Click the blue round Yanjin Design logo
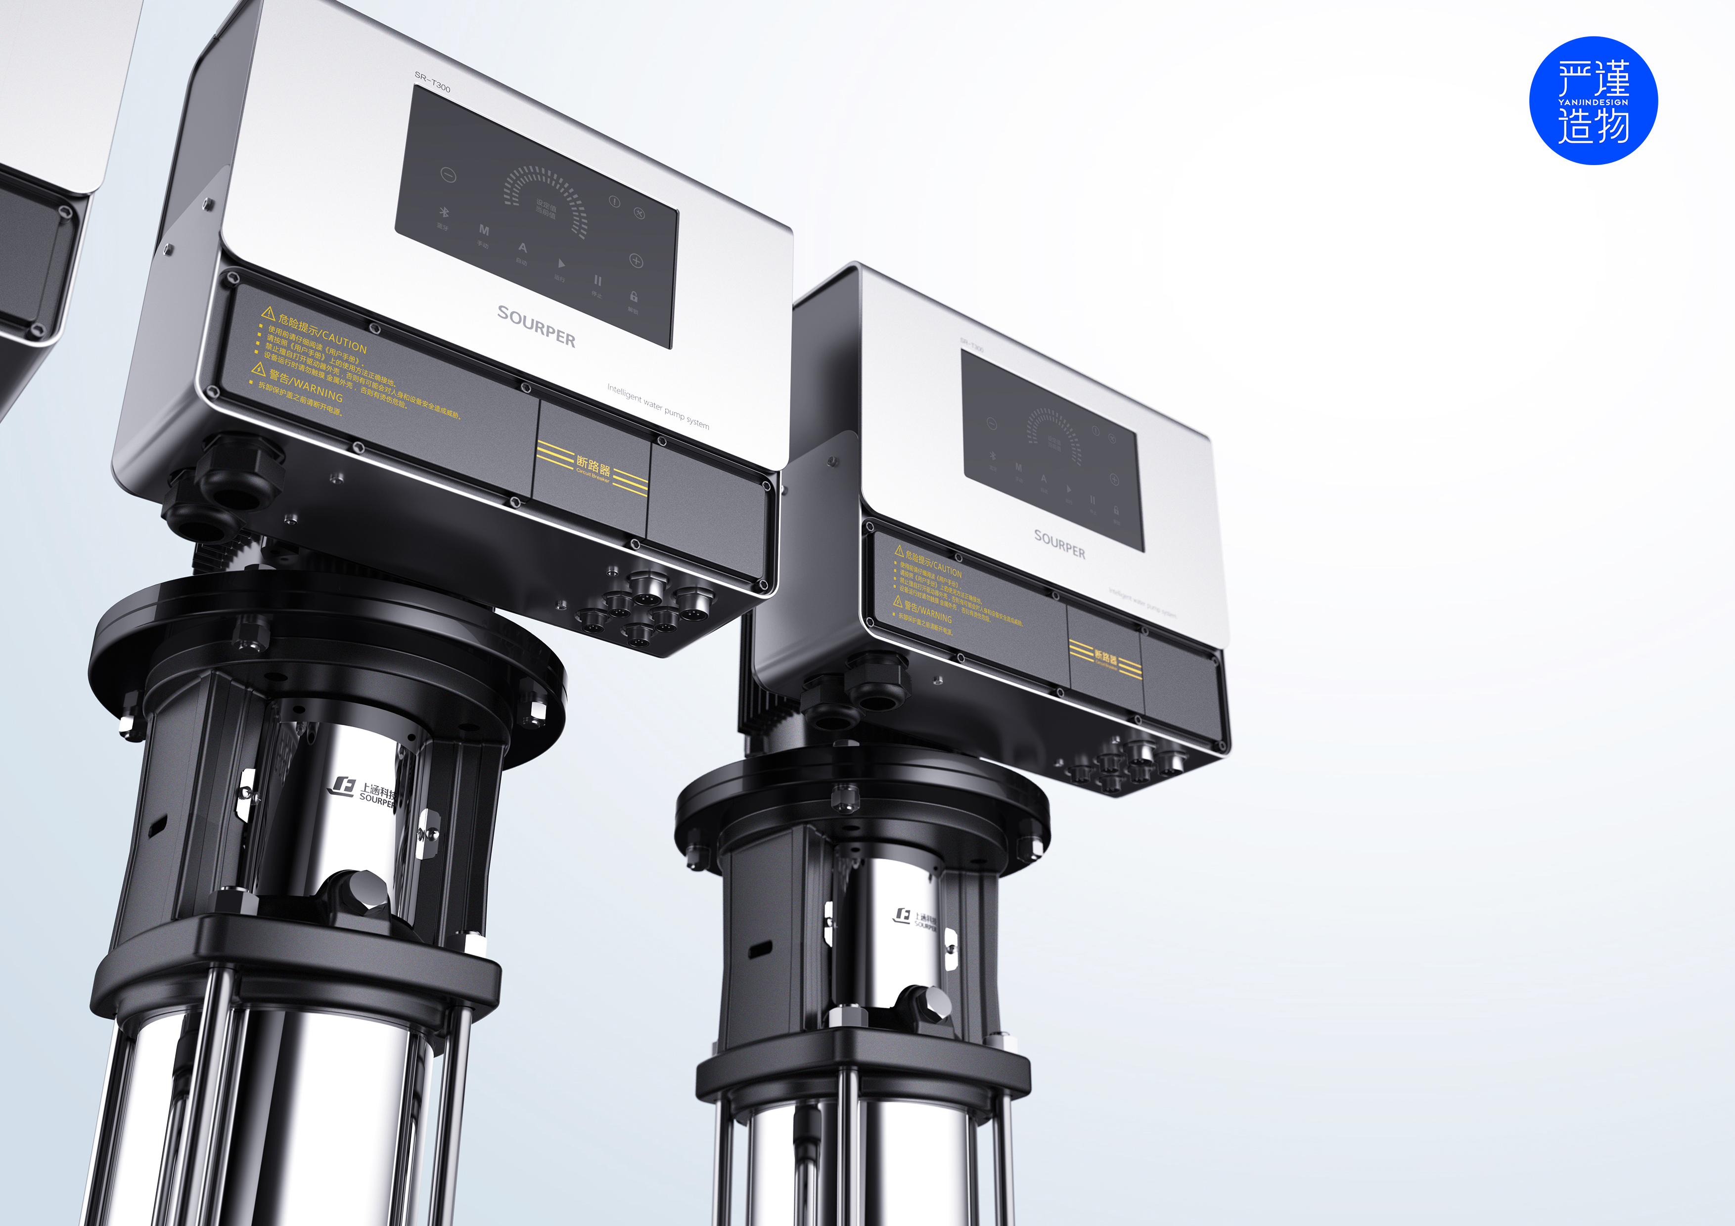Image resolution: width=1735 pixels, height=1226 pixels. pos(1593,100)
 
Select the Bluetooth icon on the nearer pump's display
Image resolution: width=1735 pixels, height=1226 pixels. pos(444,213)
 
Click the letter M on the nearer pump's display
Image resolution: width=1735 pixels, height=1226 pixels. pos(484,230)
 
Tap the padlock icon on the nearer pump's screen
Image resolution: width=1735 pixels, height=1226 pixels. pos(633,297)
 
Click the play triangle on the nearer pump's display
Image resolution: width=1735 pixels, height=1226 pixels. pos(561,263)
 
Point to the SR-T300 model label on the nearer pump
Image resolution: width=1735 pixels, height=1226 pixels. pos(432,82)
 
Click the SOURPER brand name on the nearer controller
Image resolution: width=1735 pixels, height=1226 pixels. pos(536,326)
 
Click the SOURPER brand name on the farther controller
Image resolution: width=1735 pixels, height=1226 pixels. pos(1059,544)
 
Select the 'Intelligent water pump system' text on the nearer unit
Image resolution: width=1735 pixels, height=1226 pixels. pos(657,406)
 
